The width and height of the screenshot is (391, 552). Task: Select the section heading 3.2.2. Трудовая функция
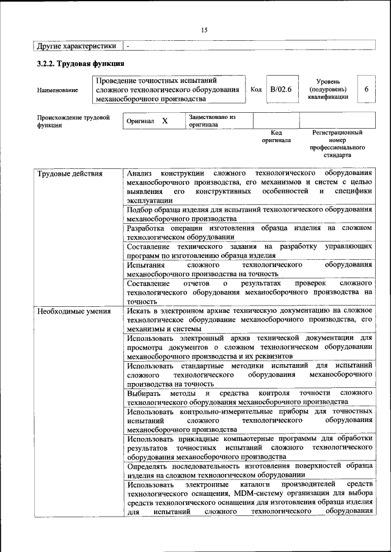pyautogui.click(x=80, y=63)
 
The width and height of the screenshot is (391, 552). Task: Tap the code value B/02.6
pyautogui.click(x=282, y=90)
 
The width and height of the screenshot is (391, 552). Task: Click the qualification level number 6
pyautogui.click(x=367, y=90)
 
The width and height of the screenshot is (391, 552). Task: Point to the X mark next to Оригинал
pyautogui.click(x=165, y=121)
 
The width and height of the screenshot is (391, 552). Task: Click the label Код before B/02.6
pyautogui.click(x=257, y=90)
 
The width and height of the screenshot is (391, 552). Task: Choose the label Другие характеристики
pyautogui.click(x=76, y=46)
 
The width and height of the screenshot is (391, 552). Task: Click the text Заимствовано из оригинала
pyautogui.click(x=212, y=120)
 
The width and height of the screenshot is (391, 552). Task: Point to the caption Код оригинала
pyautogui.click(x=276, y=135)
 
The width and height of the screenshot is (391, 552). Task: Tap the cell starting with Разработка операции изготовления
pyautogui.click(x=249, y=232)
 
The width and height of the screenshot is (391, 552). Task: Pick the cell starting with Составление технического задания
pyautogui.click(x=249, y=251)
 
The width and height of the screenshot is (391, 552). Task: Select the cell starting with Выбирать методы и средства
pyautogui.click(x=249, y=397)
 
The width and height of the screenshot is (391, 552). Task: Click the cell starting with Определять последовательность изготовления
pyautogui.click(x=249, y=470)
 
